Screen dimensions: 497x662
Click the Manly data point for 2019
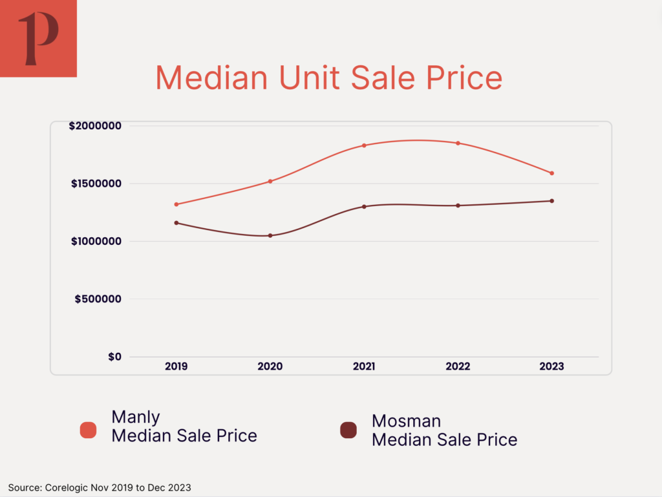coord(176,204)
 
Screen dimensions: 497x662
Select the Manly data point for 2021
coord(364,145)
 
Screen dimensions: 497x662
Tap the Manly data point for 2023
coord(552,173)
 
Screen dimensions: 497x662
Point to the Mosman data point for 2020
coord(270,235)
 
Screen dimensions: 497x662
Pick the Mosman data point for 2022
coord(458,206)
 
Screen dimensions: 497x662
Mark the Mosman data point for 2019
coord(176,223)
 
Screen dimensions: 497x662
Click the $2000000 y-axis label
coord(95,125)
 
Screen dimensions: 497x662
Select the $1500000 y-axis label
coord(95,184)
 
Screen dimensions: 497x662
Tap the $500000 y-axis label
coord(98,299)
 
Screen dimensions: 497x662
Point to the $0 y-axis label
coord(114,357)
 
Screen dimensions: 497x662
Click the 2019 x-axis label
coord(176,366)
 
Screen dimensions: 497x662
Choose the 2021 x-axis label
coord(364,366)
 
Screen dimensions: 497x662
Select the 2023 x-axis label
coord(552,366)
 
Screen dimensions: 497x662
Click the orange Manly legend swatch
coord(88,430)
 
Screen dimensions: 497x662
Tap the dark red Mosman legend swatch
coord(348,430)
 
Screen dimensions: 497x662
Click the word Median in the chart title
coord(211,78)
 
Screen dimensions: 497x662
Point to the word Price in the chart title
coord(462,78)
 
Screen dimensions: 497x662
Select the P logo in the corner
coord(38,38)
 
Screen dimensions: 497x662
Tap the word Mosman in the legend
coord(406,421)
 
